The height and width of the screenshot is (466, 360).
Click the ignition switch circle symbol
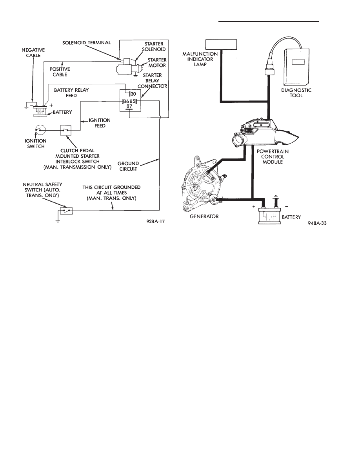click(x=40, y=130)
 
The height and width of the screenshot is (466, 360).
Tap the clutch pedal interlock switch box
click(x=65, y=130)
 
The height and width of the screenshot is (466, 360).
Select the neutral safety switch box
click(x=65, y=210)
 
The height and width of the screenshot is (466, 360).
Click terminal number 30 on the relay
click(x=133, y=94)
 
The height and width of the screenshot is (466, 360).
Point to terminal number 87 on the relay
click(x=129, y=106)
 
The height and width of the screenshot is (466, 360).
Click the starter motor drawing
click(x=127, y=68)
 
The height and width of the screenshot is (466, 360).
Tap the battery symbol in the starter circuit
click(x=40, y=111)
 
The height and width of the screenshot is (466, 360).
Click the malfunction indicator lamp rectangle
click(x=221, y=44)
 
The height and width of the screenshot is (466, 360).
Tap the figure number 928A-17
click(x=155, y=221)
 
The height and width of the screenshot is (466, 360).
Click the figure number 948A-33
click(x=317, y=223)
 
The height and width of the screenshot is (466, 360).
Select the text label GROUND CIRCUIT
click(x=128, y=166)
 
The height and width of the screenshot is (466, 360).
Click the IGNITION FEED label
click(x=100, y=123)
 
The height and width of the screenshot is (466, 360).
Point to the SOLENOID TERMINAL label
click(x=86, y=42)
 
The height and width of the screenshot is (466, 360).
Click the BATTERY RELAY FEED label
click(x=71, y=93)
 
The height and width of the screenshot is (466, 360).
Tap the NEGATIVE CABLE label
click(x=33, y=53)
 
